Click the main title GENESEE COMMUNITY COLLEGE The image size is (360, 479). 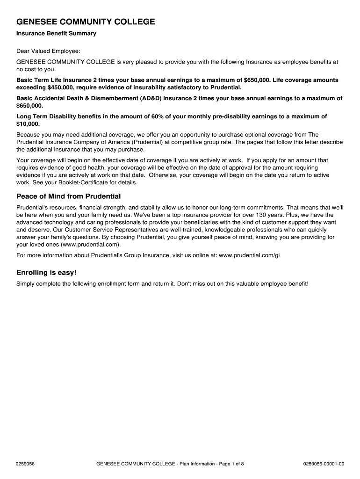(86, 22)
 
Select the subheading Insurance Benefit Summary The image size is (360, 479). (56, 34)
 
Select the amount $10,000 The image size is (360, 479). (28, 124)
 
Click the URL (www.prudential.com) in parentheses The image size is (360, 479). (91, 245)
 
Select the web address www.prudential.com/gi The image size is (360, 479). (249, 255)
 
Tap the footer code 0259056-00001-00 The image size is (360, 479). (324, 464)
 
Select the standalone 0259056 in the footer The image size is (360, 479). (26, 464)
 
